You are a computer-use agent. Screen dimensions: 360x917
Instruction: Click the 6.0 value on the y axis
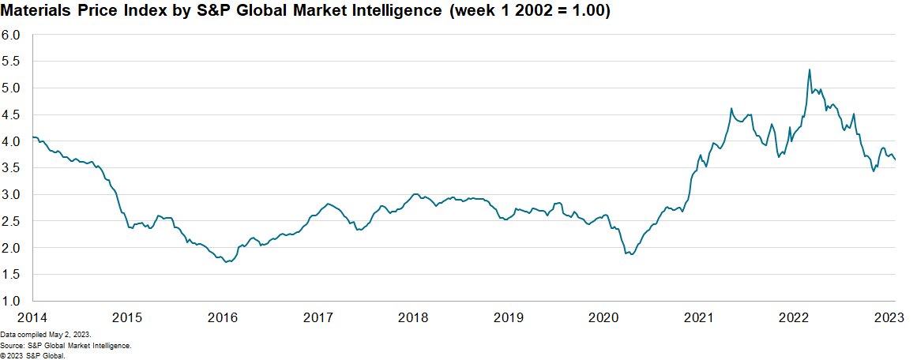(10, 35)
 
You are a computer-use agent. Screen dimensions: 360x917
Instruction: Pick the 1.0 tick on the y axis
(10, 301)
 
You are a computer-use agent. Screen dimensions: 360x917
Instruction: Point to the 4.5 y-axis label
(10, 114)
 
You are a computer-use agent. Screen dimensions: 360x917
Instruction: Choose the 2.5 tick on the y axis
(10, 221)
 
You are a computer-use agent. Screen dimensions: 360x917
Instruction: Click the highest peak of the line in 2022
(810, 69)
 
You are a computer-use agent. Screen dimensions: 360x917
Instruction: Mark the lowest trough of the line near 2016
(227, 261)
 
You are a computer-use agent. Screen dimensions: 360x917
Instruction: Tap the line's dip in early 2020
(631, 254)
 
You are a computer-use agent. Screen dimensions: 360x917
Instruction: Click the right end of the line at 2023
(895, 160)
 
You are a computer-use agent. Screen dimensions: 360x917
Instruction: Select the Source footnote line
(66, 346)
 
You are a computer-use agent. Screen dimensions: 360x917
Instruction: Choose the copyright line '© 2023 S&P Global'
(32, 355)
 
